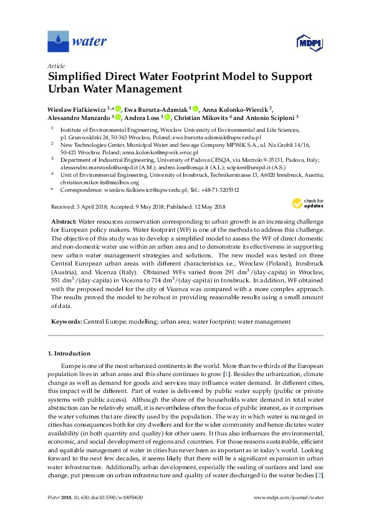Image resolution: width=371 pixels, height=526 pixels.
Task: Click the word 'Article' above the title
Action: coord(57,66)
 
